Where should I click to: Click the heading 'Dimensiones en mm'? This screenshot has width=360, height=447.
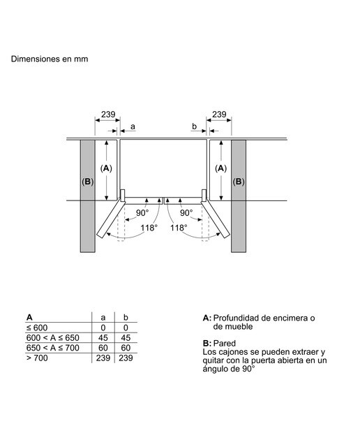point(50,59)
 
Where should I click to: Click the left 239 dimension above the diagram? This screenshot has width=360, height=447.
point(108,115)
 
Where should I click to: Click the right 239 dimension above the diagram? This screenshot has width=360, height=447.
point(219,115)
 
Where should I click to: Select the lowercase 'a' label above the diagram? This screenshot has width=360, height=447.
point(133,127)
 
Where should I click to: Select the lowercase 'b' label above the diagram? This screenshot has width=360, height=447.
point(194,126)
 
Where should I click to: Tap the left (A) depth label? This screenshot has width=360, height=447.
point(106,168)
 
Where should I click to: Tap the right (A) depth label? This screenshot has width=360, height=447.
point(220,168)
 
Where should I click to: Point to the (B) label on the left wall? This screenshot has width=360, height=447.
point(88,182)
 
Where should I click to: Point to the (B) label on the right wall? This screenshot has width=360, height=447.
point(239,182)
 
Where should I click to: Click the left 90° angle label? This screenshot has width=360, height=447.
point(142,213)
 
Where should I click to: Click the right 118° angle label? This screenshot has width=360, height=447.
point(179,228)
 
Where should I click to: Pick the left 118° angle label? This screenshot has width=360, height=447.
point(149,228)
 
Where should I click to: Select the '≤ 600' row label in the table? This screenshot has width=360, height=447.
point(37,328)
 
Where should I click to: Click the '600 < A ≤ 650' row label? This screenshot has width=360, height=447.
point(53,338)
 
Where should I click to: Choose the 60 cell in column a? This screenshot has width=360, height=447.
point(103,348)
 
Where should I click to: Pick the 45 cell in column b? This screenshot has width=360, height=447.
point(126,338)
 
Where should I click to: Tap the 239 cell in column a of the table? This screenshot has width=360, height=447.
point(103,358)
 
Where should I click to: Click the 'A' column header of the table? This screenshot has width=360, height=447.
point(29,317)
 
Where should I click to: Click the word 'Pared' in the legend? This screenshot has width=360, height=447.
point(225,343)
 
